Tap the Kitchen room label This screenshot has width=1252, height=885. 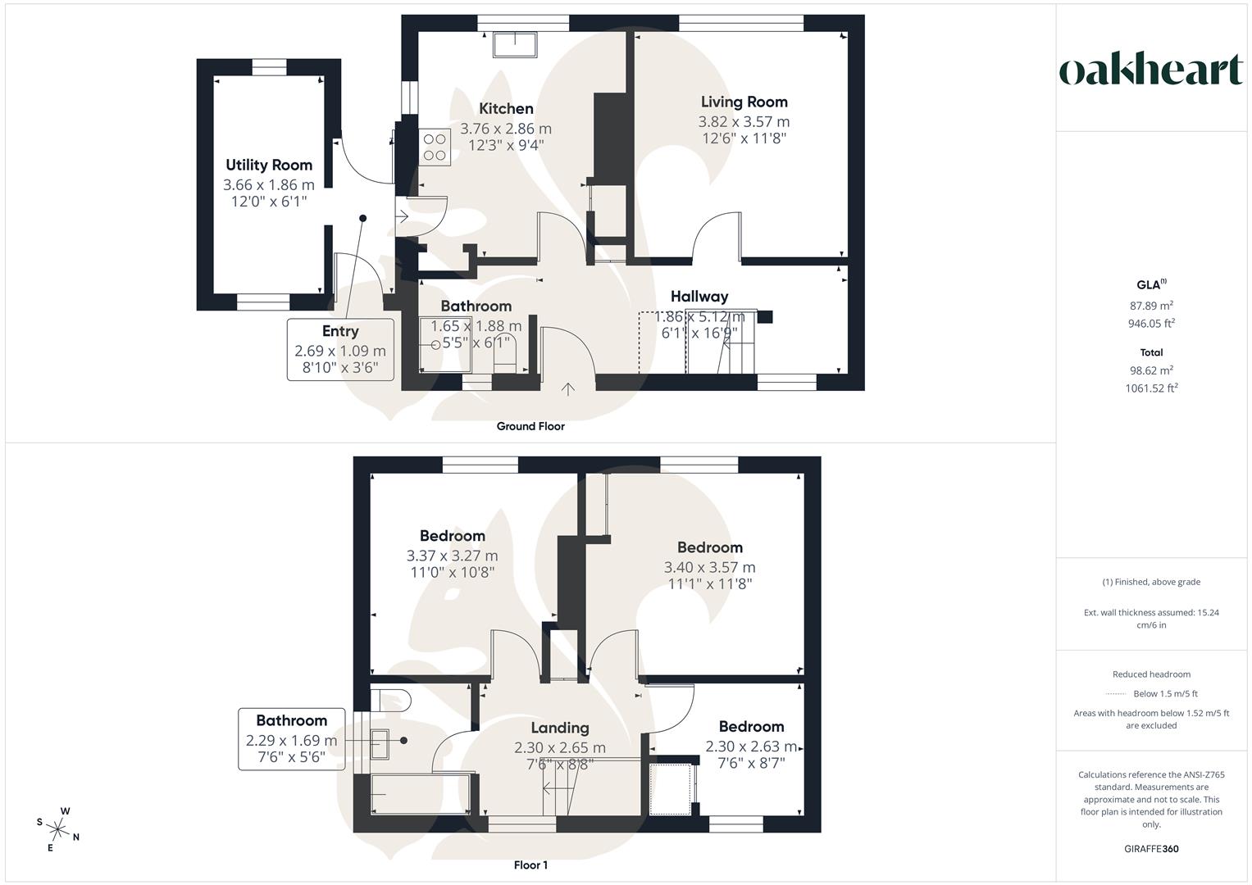point(506,108)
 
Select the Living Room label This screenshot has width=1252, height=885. point(744,102)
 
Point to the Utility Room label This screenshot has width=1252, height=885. point(269,165)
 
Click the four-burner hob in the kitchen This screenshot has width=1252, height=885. point(435,147)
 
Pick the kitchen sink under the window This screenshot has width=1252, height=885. point(515,45)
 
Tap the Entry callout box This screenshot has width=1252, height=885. point(340,350)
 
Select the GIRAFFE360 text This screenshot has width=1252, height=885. point(1151,849)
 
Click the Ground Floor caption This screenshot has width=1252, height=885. point(530,426)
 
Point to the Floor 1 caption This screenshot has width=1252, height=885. point(530,865)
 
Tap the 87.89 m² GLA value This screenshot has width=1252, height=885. point(1151,306)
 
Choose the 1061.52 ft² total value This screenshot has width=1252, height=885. point(1151,388)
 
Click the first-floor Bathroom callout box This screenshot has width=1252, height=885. point(292,739)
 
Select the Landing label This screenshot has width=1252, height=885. point(559,728)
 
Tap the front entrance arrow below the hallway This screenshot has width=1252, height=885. point(568,389)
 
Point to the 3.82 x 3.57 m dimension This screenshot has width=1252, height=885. point(744,122)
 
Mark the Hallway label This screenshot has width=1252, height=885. point(699,296)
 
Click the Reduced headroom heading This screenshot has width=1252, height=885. point(1151,674)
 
